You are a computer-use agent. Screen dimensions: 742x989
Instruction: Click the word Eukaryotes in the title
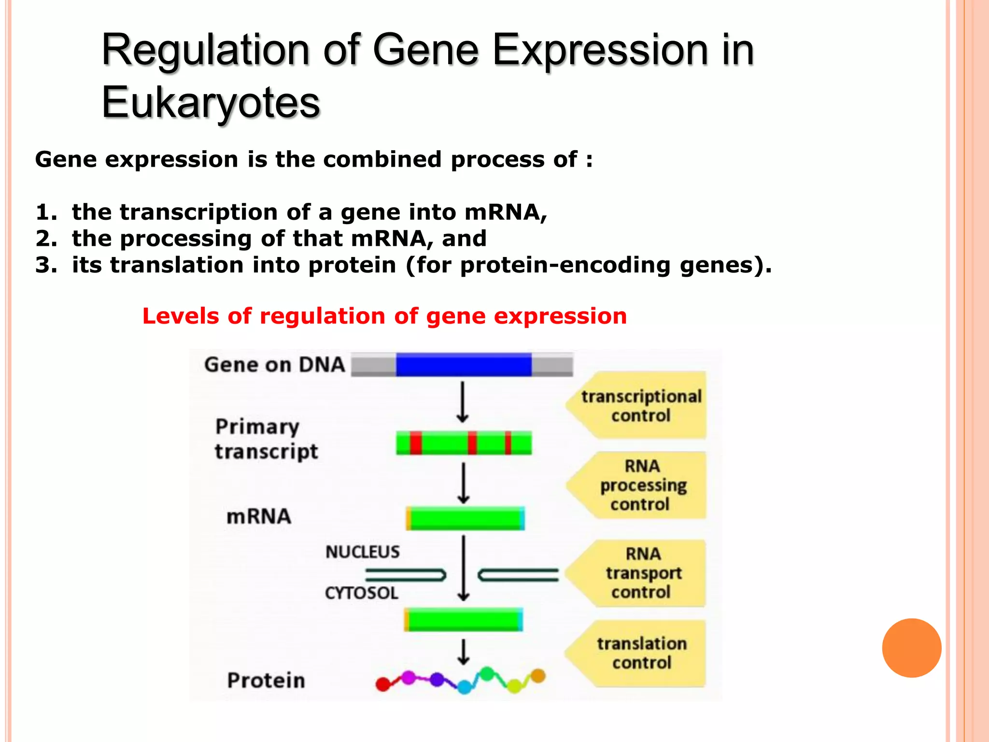pyautogui.click(x=211, y=102)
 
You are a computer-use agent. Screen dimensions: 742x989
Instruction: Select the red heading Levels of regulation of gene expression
pyautogui.click(x=384, y=316)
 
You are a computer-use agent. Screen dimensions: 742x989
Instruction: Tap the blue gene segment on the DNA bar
pyautogui.click(x=464, y=365)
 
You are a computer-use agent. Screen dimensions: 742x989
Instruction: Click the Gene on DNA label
pyautogui.click(x=274, y=365)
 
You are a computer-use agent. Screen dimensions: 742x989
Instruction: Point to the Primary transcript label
pyautogui.click(x=266, y=439)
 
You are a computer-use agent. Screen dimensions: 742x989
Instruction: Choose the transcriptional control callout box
pyautogui.click(x=640, y=406)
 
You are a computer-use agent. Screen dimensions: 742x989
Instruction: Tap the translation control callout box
pyautogui.click(x=641, y=653)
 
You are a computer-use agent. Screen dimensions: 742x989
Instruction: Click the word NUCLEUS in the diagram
pyautogui.click(x=363, y=552)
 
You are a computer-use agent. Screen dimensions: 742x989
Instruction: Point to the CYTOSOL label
pyautogui.click(x=361, y=593)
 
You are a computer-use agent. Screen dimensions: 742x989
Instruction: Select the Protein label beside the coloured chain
pyautogui.click(x=266, y=681)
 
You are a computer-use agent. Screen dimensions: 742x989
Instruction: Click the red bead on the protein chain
pyautogui.click(x=383, y=684)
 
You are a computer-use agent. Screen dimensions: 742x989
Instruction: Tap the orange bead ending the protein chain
pyautogui.click(x=538, y=675)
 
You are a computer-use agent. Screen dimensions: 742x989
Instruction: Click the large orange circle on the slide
pyautogui.click(x=911, y=648)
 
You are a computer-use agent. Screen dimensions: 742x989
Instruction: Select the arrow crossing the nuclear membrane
pyautogui.click(x=464, y=568)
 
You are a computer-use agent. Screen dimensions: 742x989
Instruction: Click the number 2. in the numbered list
pyautogui.click(x=46, y=239)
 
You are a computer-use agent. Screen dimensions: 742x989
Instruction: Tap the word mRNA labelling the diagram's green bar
pyautogui.click(x=259, y=517)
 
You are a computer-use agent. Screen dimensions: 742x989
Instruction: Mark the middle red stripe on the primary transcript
pyautogui.click(x=472, y=443)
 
